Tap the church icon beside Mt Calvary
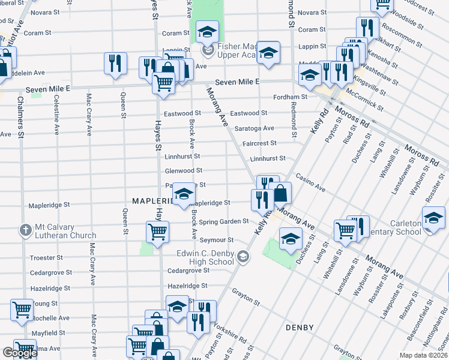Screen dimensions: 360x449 click(x=25, y=230)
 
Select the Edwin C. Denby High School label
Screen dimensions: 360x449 click(x=205, y=257)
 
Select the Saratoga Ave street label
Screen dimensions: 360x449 click(x=254, y=128)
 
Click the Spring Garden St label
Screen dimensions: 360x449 click(x=224, y=221)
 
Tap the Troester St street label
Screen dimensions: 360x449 click(x=46, y=257)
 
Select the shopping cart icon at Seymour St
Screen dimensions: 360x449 click(x=157, y=231)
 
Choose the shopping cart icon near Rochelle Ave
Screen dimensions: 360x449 click(x=22, y=310)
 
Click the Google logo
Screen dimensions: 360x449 click(x=20, y=353)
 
